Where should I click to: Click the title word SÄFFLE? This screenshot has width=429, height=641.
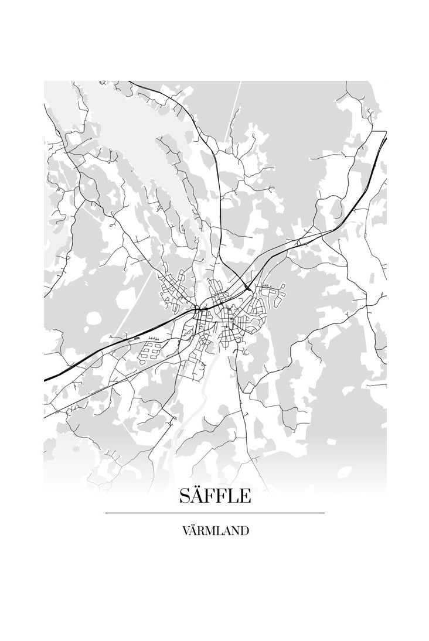click(x=215, y=496)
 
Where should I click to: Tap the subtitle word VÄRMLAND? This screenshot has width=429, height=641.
click(x=215, y=531)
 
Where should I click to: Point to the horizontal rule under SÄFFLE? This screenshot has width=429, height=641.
click(x=215, y=513)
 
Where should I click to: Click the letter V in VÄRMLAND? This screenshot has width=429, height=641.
click(x=186, y=531)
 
